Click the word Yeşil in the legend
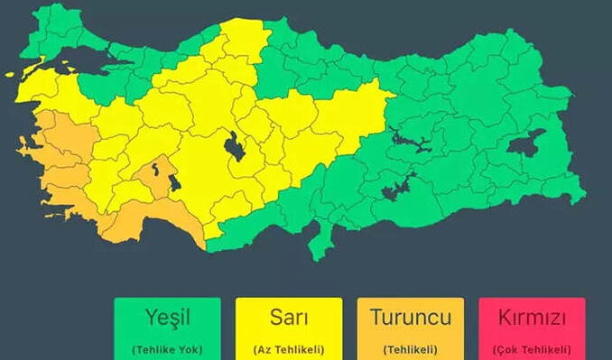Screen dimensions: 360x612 (167, 318)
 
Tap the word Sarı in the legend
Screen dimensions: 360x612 (289, 318)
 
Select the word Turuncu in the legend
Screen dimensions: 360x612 (411, 318)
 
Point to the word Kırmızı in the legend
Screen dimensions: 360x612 (532, 318)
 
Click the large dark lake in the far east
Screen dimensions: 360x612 (526, 143)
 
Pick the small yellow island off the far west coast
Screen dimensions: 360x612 (10, 75)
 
